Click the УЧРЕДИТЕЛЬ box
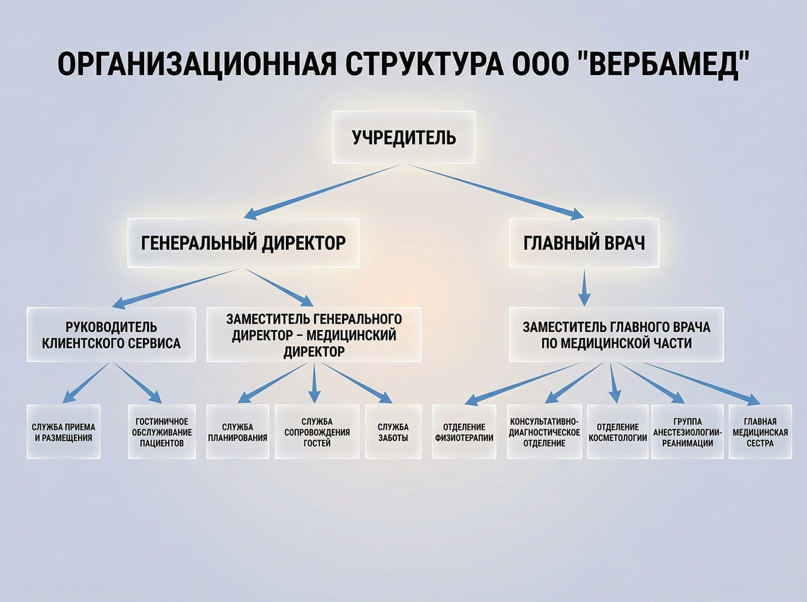403,137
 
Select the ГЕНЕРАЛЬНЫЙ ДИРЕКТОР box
243,243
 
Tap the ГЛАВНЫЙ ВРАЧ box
584,243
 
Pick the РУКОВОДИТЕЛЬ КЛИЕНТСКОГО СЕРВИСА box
111,335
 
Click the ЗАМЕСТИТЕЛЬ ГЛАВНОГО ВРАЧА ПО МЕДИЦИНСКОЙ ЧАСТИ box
616,335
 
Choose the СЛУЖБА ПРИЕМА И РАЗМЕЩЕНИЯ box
64,432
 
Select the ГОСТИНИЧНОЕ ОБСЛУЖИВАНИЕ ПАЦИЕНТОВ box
162,432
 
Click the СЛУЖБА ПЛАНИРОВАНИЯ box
237,432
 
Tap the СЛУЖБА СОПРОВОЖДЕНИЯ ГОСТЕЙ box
317,432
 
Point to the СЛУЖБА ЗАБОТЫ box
393,432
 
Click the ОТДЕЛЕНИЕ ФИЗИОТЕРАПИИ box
464,432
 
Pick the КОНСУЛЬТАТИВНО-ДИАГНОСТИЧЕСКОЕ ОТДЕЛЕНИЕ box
544,432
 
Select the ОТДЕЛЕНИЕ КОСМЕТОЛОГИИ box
618,432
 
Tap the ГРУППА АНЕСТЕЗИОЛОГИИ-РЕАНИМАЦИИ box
688,432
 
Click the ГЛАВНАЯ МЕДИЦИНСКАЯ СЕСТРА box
760,432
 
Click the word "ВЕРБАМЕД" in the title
665,64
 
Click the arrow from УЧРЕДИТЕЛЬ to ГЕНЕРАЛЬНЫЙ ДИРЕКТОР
321,191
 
